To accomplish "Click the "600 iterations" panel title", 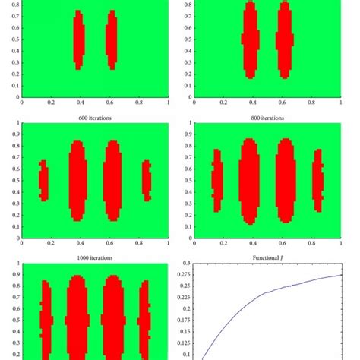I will pos(94,118).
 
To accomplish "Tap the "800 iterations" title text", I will pos(269,118).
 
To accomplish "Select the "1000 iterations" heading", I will pos(94,258).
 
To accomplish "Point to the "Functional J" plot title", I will pos(269,258).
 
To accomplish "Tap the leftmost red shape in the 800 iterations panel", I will pos(217,182).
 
